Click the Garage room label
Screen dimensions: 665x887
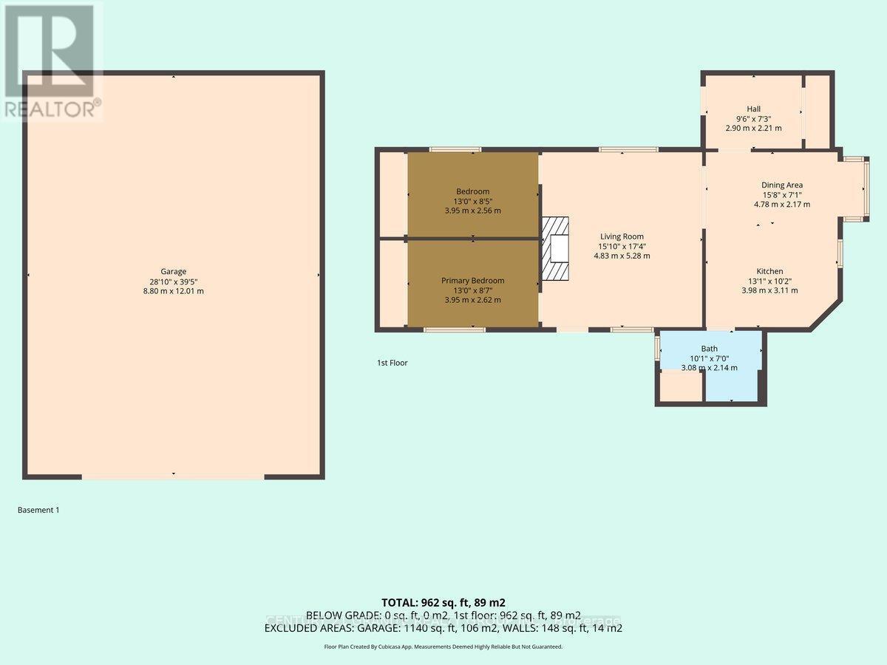point(174,271)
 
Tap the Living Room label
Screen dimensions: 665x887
point(622,236)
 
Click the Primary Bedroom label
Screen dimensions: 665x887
point(472,280)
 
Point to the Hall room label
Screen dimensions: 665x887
point(753,109)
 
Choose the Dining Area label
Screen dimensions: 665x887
point(782,185)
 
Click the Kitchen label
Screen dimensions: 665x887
point(769,271)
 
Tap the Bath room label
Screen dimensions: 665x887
point(709,349)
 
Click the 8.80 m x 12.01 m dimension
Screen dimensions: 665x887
point(174,291)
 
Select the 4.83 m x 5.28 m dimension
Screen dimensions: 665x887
point(622,256)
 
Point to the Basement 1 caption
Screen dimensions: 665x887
point(38,510)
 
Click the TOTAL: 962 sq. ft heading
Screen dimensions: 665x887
point(443,602)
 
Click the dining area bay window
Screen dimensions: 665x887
point(864,189)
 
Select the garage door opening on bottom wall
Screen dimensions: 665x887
point(172,477)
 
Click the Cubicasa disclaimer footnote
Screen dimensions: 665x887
point(443,647)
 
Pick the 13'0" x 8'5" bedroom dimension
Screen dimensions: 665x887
point(472,201)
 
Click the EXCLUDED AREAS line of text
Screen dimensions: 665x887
point(443,628)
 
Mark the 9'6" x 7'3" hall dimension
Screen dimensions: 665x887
point(753,118)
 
